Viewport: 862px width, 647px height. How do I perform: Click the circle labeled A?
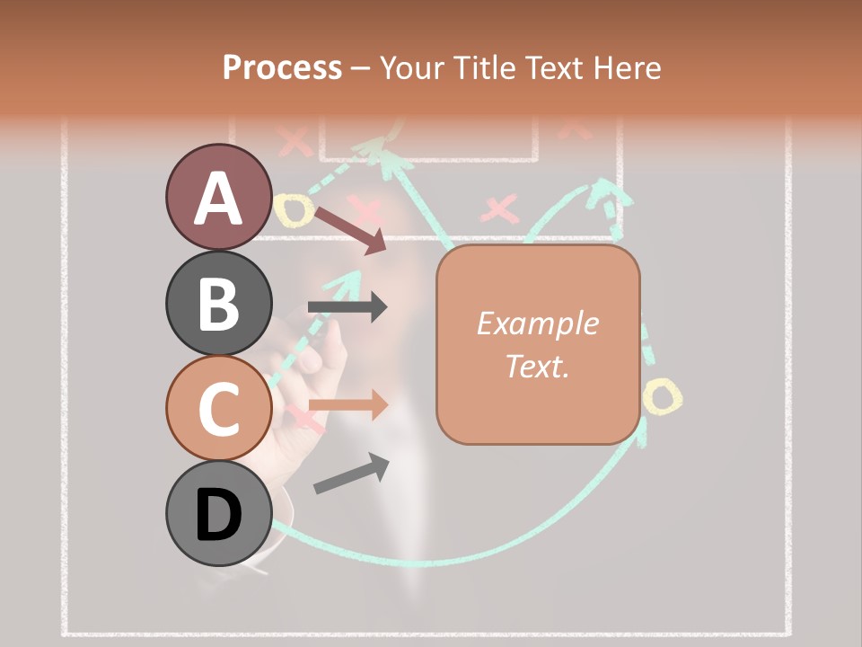218,197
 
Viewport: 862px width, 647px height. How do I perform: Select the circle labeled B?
218,303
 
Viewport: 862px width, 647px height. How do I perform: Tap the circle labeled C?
218,408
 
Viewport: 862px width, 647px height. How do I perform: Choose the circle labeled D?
218,514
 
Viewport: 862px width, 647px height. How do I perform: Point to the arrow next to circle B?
347,307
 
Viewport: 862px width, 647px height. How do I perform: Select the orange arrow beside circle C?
348,405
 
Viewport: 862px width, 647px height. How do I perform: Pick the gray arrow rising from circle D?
350,474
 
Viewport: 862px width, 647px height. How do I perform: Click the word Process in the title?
282,68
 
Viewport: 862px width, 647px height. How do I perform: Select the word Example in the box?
537,323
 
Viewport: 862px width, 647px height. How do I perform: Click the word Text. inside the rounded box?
537,366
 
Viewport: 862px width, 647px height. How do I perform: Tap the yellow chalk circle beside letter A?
295,210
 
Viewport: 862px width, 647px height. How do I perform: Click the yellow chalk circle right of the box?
663,395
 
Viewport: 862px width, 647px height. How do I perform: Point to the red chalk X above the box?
500,210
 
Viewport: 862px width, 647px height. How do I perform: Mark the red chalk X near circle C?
303,417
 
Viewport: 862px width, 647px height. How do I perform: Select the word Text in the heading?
554,68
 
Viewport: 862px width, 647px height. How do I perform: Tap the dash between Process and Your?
360,68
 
